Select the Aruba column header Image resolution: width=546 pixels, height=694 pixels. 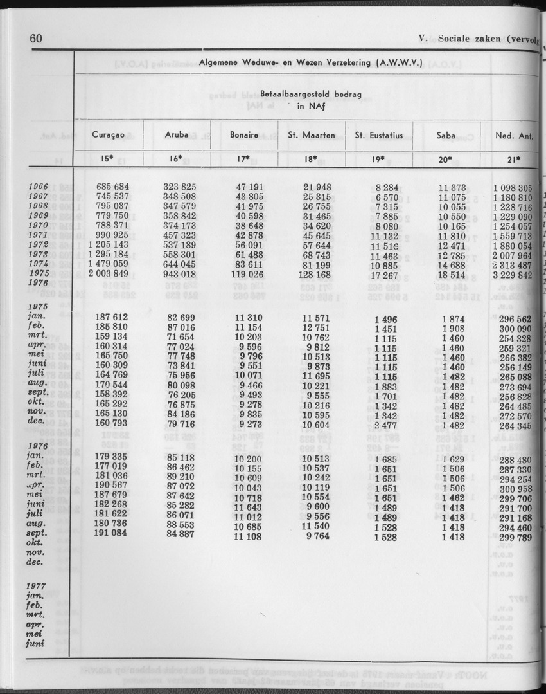(177, 136)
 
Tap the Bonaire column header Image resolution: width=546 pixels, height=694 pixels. (244, 136)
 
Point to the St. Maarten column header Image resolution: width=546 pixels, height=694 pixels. (311, 136)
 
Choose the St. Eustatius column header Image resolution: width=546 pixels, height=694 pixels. (378, 136)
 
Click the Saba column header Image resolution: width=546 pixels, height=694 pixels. (446, 136)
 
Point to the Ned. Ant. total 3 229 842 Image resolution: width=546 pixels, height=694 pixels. (513, 274)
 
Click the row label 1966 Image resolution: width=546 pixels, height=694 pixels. (40, 187)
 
